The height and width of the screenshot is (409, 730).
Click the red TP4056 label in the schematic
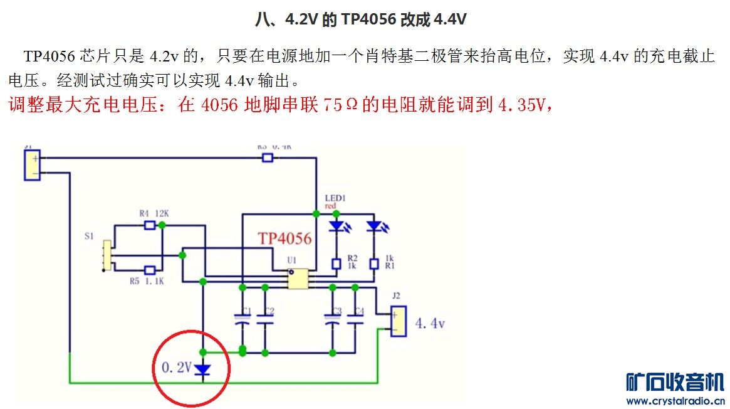coord(284,238)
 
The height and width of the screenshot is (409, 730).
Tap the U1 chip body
coord(298,279)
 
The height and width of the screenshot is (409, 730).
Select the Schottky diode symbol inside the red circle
coord(202,369)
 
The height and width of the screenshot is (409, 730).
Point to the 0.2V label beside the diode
coord(176,368)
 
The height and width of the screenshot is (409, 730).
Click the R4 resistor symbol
coord(149,225)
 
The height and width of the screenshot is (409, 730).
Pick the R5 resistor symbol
coord(149,270)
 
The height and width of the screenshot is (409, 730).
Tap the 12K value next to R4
coord(162,213)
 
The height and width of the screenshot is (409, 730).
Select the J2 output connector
coord(397,321)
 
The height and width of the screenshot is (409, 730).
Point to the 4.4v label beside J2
coord(430,324)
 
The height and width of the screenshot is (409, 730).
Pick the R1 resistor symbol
coord(374,263)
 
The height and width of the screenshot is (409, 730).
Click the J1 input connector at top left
coord(32,165)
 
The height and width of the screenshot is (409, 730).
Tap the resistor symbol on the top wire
coord(268,157)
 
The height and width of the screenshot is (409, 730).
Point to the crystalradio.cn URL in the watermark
coord(675,401)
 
